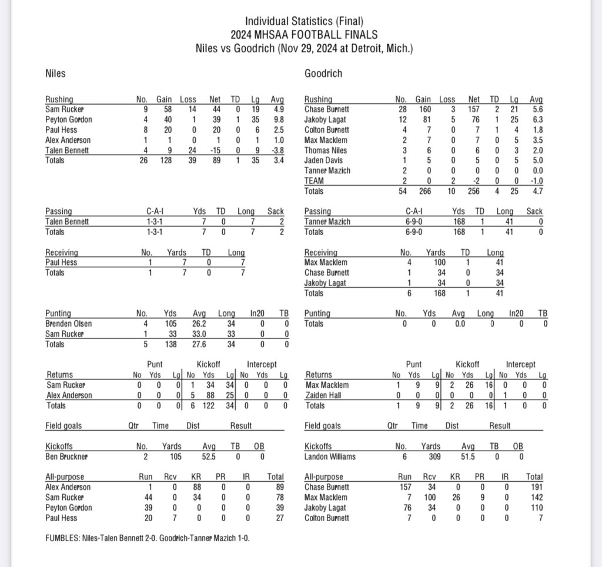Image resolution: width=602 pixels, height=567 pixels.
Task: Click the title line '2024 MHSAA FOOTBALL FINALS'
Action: tap(303, 35)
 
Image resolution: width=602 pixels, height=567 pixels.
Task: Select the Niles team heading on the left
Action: tap(55, 74)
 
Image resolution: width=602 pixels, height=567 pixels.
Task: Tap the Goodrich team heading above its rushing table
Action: tap(323, 74)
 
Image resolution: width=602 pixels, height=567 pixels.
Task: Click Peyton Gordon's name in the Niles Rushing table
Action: tap(69, 119)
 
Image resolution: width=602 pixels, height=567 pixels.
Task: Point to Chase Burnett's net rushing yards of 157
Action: tap(473, 109)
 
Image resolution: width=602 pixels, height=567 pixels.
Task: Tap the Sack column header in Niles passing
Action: tap(275, 212)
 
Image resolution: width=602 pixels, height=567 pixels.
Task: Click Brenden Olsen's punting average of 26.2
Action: tap(199, 324)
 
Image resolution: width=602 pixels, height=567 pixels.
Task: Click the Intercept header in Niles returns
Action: tap(262, 364)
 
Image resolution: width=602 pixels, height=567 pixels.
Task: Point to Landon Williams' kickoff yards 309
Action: tap(432, 457)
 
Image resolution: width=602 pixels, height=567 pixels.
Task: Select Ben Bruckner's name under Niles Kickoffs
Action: tap(68, 457)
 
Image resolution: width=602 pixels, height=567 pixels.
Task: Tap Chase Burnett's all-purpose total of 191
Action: tap(534, 487)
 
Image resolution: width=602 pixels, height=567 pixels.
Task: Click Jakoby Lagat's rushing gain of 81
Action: tap(423, 119)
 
